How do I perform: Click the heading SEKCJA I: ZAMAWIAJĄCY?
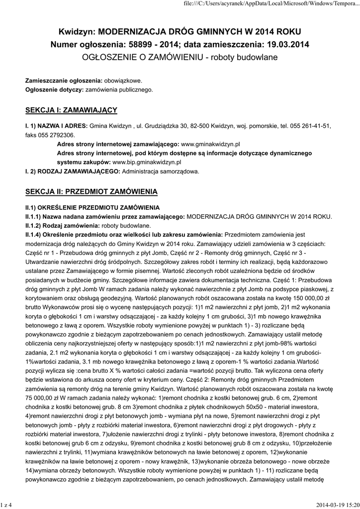71,109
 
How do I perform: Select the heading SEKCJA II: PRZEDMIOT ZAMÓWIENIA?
91,191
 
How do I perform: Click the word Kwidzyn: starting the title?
77,31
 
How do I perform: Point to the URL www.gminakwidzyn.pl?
211,144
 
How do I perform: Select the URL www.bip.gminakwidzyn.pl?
147,162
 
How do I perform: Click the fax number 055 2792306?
56,135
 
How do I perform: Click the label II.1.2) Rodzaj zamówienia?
62,225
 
